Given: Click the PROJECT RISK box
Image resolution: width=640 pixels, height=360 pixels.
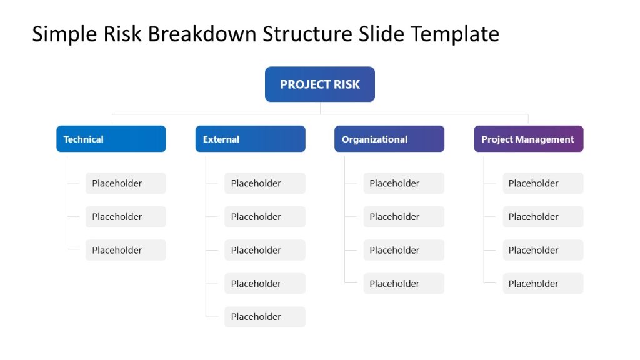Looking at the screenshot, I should [319, 84].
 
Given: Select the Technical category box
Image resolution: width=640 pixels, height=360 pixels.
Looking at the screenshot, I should [111, 139].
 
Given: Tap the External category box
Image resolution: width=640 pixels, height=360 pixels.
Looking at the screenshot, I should [250, 139].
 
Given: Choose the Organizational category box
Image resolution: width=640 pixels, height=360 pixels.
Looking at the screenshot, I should [389, 139].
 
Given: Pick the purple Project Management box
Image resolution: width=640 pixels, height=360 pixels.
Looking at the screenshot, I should [528, 139].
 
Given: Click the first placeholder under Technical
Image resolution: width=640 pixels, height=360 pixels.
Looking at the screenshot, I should [125, 183].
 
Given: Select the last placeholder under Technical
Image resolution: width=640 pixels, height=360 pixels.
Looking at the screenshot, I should [125, 250].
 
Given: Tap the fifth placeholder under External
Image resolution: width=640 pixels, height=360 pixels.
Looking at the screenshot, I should [264, 317].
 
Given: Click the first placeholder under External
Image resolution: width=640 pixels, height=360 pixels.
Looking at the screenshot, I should [264, 183].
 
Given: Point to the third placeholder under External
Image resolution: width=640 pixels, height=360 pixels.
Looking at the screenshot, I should [264, 250].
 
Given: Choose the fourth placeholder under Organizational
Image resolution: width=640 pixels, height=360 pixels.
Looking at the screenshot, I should [403, 284].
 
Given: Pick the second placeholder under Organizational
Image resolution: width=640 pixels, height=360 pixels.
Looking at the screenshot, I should [403, 217].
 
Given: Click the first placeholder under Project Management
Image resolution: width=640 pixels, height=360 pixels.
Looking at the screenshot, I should [542, 183].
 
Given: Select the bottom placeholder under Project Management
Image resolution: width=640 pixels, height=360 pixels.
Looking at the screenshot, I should [542, 284].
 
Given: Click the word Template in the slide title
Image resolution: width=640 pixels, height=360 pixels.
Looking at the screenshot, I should [454, 34].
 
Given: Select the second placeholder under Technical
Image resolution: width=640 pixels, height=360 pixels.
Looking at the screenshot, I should [125, 217].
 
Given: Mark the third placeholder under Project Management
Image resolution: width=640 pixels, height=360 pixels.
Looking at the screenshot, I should [542, 250].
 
